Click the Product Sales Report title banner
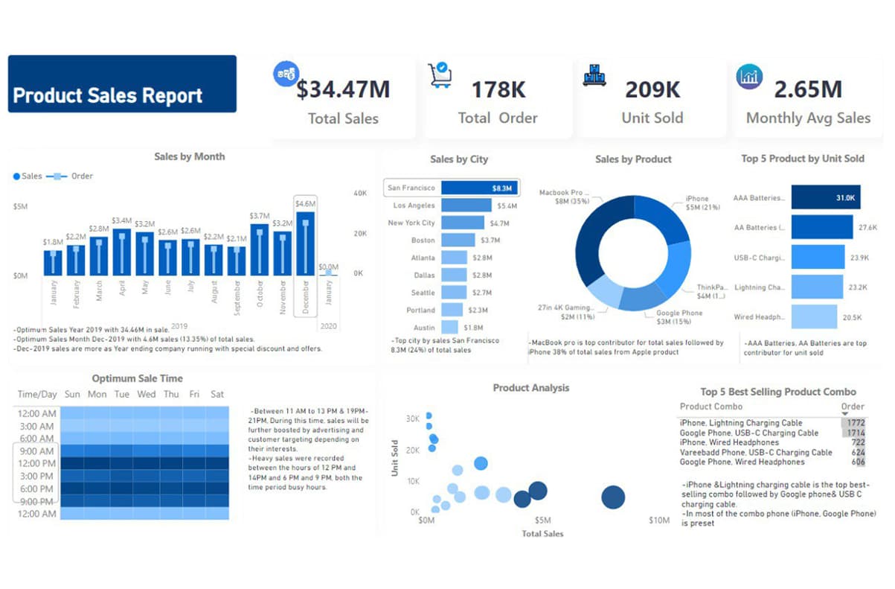click(x=122, y=84)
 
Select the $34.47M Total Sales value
click(x=343, y=89)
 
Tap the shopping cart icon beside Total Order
click(x=440, y=74)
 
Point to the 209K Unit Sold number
click(x=652, y=89)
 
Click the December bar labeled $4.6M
click(x=305, y=244)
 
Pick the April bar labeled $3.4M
click(x=121, y=252)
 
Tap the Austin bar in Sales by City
click(x=449, y=327)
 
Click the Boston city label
click(x=423, y=241)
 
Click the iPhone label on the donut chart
click(x=697, y=199)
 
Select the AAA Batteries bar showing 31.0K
click(x=825, y=198)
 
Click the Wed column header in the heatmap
click(x=147, y=394)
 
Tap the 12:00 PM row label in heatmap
click(x=36, y=463)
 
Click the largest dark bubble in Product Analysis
click(x=613, y=497)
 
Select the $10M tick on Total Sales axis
click(x=658, y=520)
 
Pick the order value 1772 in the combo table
click(x=853, y=423)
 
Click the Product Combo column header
click(x=711, y=407)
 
